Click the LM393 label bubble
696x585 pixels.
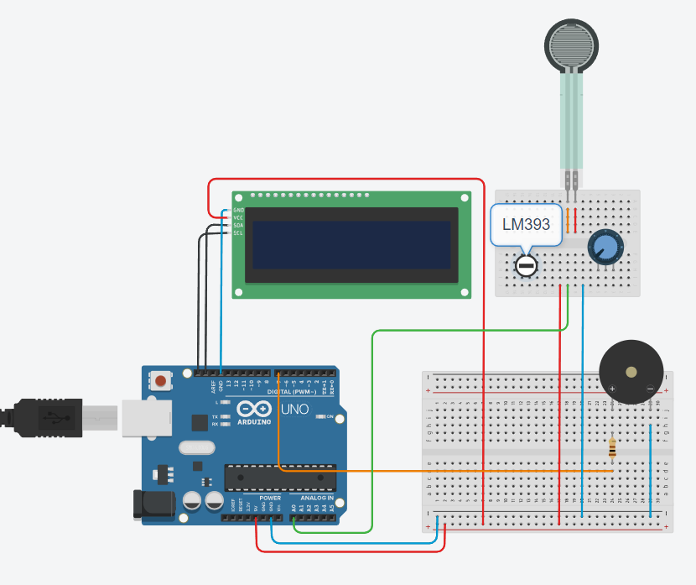(x=526, y=224)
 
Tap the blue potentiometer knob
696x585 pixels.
(x=605, y=247)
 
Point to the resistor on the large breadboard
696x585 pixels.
(x=613, y=449)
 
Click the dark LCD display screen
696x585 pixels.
(x=352, y=245)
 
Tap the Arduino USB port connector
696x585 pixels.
(x=147, y=418)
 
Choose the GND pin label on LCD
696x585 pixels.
(x=239, y=210)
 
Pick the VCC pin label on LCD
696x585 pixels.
(x=239, y=217)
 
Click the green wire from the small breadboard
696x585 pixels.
(x=371, y=420)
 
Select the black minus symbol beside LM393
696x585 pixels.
(x=526, y=266)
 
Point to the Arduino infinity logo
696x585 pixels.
(x=255, y=410)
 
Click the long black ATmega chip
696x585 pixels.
(x=280, y=477)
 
